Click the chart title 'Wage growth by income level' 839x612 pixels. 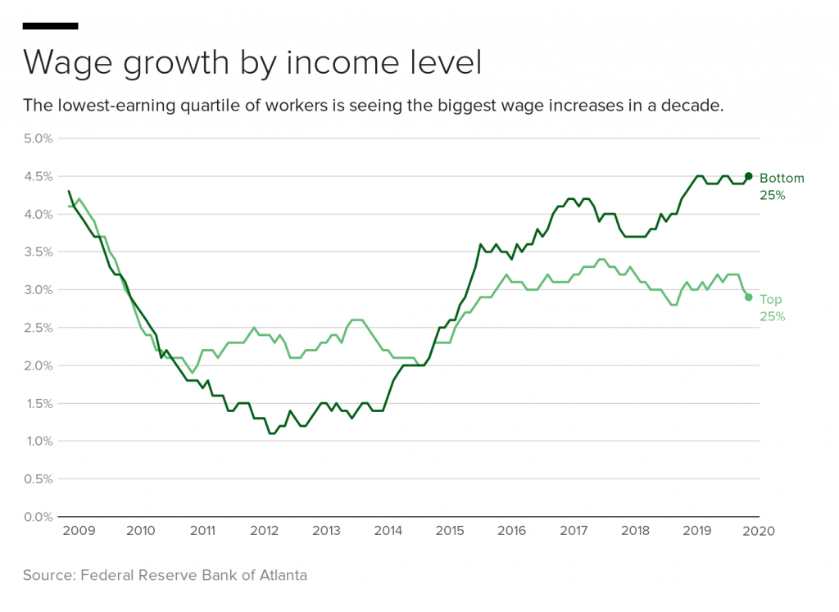point(252,63)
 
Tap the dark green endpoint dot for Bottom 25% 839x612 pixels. point(748,176)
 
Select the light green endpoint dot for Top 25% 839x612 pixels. point(748,297)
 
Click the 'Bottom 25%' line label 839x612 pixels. point(782,187)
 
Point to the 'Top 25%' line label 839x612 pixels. point(772,308)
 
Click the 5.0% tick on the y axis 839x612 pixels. point(38,138)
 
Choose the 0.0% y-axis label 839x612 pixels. point(38,517)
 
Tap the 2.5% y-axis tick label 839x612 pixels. point(38,328)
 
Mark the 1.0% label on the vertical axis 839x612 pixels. point(38,442)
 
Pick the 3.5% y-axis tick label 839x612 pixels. point(38,252)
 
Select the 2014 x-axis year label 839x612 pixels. point(388,531)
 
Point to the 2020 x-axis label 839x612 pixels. point(758,531)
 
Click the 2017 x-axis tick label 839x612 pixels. point(574,531)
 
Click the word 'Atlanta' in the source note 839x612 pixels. point(281,575)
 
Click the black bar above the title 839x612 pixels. point(50,26)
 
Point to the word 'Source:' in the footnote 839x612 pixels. point(49,575)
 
